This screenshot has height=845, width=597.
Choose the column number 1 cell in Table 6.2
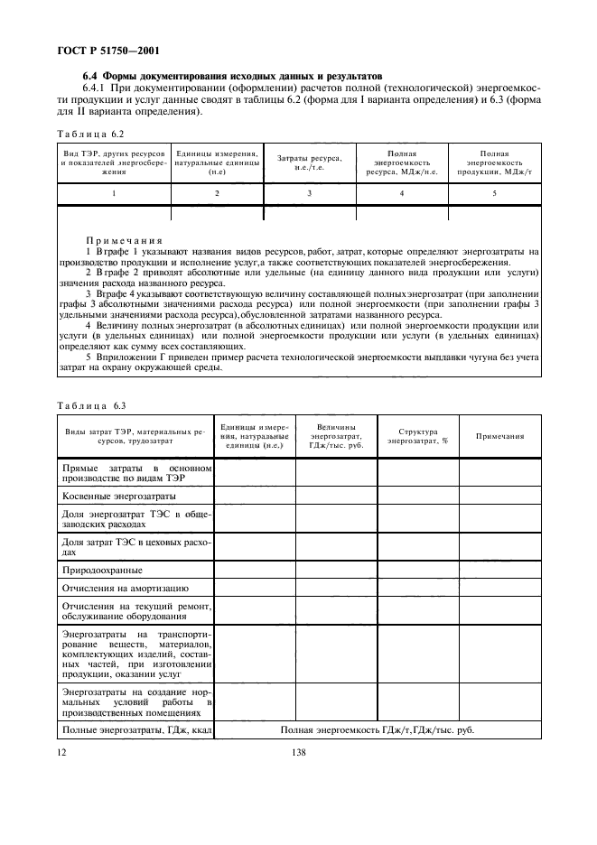[x=114, y=194]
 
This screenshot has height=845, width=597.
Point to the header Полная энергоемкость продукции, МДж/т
[x=494, y=163]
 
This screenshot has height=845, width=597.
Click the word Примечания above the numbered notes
[x=124, y=242]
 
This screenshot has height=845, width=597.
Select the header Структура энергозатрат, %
[x=417, y=436]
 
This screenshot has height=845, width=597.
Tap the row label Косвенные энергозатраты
[x=118, y=497]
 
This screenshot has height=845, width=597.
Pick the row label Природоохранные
[x=102, y=570]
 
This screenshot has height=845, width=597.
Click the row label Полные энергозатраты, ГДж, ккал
[x=135, y=729]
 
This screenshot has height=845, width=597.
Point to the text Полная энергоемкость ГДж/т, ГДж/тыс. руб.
[x=378, y=729]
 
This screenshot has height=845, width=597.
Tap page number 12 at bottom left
[x=61, y=751]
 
